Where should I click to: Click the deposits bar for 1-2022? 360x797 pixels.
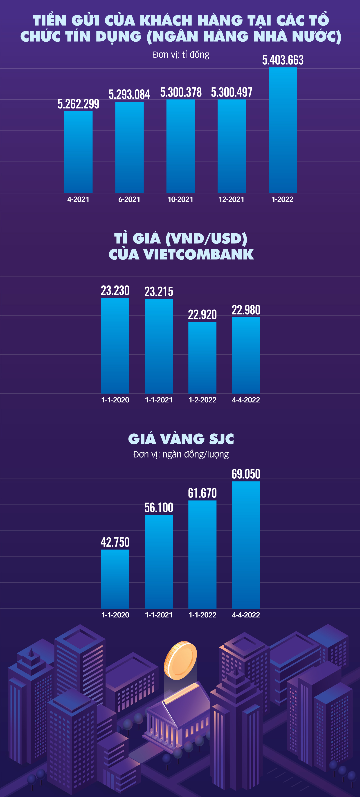click(x=283, y=130)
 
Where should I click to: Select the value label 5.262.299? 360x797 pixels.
click(x=78, y=104)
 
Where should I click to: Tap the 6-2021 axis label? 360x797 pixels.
click(x=129, y=199)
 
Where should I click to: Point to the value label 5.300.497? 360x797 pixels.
click(x=232, y=92)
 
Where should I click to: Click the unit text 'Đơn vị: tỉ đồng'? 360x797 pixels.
click(x=181, y=55)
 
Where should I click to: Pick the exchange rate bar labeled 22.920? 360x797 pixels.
click(x=202, y=357)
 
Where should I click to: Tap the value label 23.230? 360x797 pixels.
click(x=115, y=290)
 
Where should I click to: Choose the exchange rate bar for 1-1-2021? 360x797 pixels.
click(x=159, y=346)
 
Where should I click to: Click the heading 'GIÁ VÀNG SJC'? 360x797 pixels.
click(x=181, y=439)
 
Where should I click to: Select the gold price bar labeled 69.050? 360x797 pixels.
click(x=246, y=545)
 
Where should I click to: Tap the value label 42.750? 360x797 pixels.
click(x=115, y=542)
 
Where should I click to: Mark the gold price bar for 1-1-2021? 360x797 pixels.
click(x=159, y=562)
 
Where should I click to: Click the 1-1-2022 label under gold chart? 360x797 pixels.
click(x=202, y=615)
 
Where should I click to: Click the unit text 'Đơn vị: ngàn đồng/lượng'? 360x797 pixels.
click(x=181, y=454)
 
